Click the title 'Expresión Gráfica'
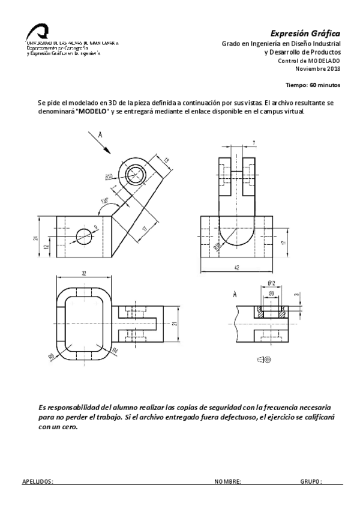tap(305, 32)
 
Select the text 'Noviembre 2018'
tap(321, 68)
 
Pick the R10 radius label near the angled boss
tap(110, 177)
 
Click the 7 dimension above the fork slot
tap(254, 143)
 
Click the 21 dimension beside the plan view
tap(175, 325)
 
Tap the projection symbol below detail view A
tap(264, 359)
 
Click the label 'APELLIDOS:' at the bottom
tap(37, 481)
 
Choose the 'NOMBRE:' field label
tap(227, 481)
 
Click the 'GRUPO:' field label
tap(311, 481)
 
